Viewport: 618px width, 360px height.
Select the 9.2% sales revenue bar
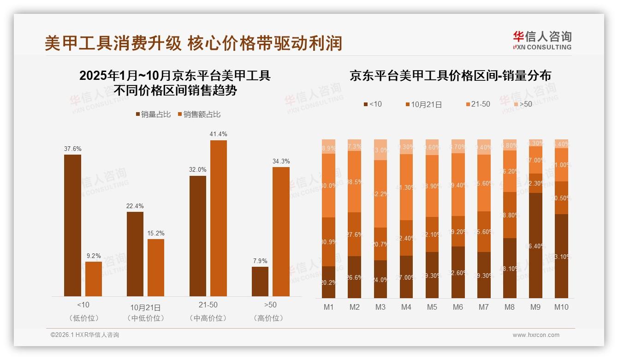tap(94, 279)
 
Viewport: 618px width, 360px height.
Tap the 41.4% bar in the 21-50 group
tap(219, 218)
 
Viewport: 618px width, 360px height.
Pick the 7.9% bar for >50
tap(260, 282)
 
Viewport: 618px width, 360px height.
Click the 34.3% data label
tap(281, 161)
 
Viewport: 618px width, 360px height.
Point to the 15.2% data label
tap(156, 233)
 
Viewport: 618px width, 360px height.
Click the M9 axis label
tap(535, 307)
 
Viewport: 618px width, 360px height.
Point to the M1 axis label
tap(328, 307)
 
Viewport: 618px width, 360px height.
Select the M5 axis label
tap(432, 307)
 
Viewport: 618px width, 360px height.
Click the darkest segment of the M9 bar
tap(535, 245)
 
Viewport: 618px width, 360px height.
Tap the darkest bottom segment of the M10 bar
tap(561, 256)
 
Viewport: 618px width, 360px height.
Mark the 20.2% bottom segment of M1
tap(328, 282)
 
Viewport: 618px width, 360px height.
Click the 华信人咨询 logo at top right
tap(542, 40)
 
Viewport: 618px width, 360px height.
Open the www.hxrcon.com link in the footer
tap(536, 335)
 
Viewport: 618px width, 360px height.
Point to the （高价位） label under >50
tap(270, 318)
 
